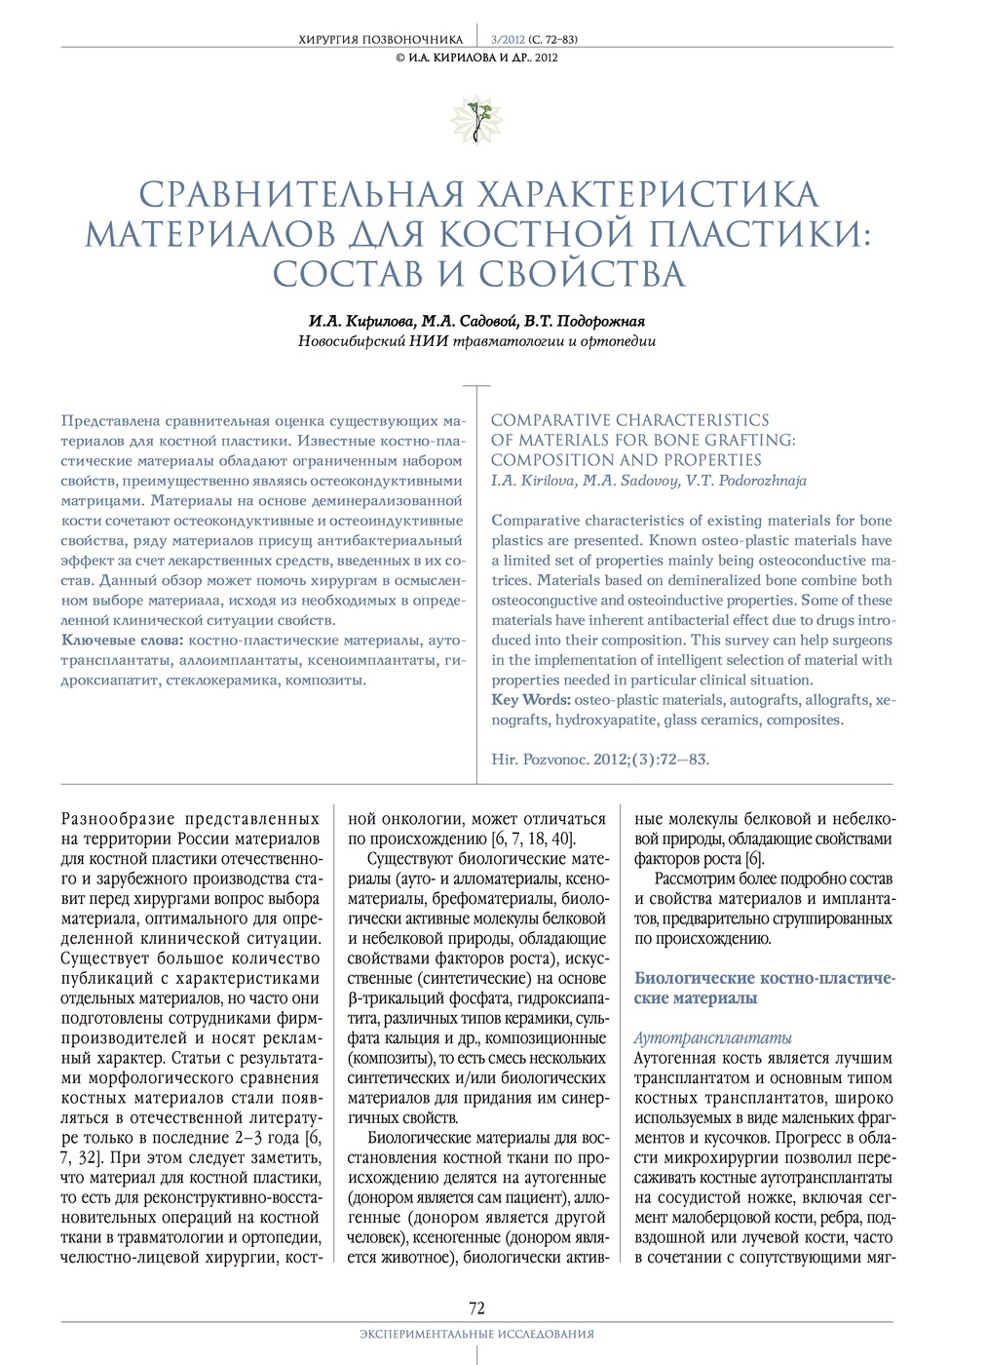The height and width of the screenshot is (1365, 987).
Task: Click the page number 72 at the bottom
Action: [476, 1307]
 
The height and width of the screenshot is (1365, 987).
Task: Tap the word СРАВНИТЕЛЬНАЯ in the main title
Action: [302, 195]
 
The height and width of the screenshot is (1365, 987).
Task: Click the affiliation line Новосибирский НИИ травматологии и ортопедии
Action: [476, 341]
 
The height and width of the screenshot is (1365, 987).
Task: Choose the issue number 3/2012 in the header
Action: [508, 40]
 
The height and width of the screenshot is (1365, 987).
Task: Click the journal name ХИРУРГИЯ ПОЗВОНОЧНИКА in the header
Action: [380, 40]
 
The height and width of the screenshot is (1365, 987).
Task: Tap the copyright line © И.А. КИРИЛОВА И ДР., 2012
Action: [476, 58]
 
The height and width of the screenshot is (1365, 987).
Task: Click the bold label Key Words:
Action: [531, 700]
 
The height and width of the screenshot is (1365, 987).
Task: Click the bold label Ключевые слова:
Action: [122, 641]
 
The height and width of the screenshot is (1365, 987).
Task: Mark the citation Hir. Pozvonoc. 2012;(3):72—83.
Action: [600, 759]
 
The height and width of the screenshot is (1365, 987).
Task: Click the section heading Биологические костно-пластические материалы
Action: [764, 988]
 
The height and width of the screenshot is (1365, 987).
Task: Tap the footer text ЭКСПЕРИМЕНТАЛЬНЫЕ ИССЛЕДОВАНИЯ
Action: [476, 1334]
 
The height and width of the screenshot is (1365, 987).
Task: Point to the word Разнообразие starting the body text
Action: [117, 819]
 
